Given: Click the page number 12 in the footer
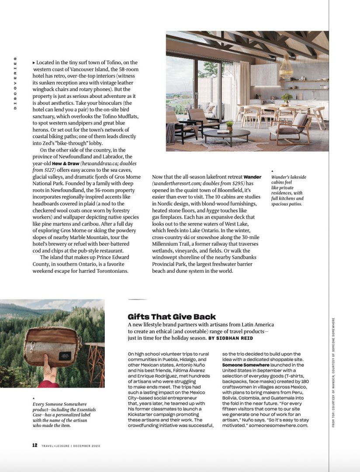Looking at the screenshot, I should tap(35, 445).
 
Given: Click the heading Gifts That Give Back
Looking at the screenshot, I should tap(172, 316).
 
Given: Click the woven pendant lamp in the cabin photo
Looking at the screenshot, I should tap(286, 67).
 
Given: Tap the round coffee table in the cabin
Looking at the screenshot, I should tap(227, 134).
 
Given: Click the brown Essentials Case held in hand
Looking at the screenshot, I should tap(52, 346).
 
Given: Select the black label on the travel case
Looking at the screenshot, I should tap(65, 356).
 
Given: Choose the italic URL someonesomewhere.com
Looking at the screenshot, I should tap(278, 425).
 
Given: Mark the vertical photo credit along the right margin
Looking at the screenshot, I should tap(333, 372).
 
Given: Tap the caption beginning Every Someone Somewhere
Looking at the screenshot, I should tap(64, 415).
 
